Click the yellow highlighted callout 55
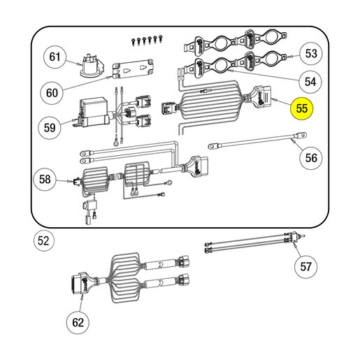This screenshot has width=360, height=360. coord(302,108)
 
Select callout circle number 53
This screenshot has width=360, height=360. coord(311,54)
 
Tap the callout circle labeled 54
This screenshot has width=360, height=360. coord(310,82)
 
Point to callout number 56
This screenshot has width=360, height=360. coord(311,158)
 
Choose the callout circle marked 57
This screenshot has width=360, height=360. coord(306,266)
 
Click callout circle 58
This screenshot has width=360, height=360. coord(45,179)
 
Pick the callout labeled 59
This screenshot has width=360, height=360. coord(50,128)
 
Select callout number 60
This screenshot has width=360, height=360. coord(52,93)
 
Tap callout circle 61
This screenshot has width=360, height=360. coord(55,57)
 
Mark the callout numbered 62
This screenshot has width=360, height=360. coord(78,322)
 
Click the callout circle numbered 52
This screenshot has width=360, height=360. coord(44,240)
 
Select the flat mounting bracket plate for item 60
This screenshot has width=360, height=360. coord(134,69)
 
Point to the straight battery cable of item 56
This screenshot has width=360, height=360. coord(257,141)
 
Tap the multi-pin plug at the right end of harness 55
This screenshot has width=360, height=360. coord(262,96)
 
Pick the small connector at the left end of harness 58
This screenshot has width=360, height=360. coord(77,182)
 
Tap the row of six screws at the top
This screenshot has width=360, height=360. coord(147,40)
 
